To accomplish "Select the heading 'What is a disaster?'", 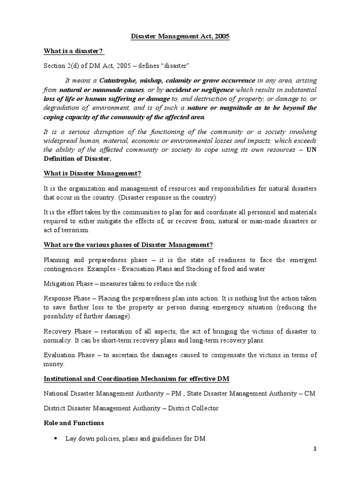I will coord(73,51).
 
